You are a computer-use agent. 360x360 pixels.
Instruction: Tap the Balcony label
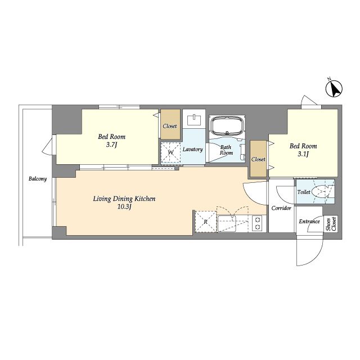point(38,179)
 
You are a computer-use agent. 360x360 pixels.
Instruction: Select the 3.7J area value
point(111,145)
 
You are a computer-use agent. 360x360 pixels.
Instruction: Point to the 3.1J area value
point(303,154)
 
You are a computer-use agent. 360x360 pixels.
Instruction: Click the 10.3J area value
point(124,207)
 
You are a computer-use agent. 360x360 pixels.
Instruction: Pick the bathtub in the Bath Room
point(227,126)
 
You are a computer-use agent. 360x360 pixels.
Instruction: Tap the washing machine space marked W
point(171,152)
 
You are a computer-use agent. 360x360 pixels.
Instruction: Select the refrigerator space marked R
point(206,222)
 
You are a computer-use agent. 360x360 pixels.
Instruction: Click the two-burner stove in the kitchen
point(258,223)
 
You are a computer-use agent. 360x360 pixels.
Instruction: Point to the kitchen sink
point(227,223)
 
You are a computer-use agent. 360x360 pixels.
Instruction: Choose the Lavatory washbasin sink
point(194,120)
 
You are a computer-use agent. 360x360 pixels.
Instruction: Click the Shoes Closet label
point(331,224)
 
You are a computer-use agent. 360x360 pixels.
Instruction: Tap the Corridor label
point(281,208)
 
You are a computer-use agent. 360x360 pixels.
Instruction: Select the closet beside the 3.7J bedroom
point(170,124)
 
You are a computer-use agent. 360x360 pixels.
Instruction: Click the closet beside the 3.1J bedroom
point(258,159)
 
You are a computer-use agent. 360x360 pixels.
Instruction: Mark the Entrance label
point(309,222)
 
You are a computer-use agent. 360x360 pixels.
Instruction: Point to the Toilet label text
point(304,192)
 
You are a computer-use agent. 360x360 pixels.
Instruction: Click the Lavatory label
point(192,150)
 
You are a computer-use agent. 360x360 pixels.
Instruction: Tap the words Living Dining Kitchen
point(124,199)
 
